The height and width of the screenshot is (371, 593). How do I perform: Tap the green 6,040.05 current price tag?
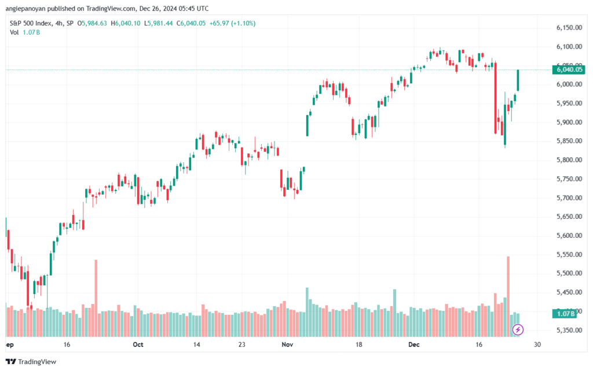(566, 70)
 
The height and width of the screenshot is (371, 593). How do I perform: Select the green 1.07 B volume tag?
(565, 314)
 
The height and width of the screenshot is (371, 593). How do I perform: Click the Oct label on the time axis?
(138, 344)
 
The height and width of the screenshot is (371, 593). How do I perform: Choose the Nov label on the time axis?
(287, 344)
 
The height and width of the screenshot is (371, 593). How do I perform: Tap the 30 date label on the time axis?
(537, 344)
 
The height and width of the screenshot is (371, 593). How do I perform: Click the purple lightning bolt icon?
(518, 330)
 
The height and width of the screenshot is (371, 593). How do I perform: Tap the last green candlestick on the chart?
(518, 80)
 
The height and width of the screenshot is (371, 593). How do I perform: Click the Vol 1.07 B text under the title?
(25, 32)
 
